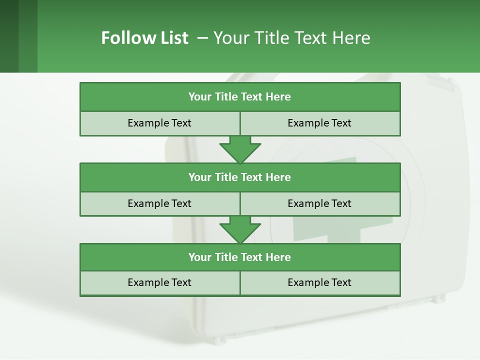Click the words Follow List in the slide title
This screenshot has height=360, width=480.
pyautogui.click(x=144, y=38)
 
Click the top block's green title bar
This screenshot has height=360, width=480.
pyautogui.click(x=240, y=97)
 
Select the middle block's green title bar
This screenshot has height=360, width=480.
pyautogui.click(x=240, y=177)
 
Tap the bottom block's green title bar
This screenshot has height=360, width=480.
pyautogui.click(x=240, y=257)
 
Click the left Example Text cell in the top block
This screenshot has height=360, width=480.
pyautogui.click(x=159, y=123)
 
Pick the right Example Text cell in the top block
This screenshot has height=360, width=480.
pyautogui.click(x=320, y=123)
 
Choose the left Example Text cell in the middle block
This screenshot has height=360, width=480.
pyautogui.click(x=159, y=203)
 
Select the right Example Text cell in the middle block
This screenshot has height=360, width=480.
pyautogui.click(x=320, y=203)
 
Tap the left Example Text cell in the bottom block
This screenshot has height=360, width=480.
pyautogui.click(x=159, y=283)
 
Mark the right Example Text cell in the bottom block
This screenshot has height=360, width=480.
pyautogui.click(x=320, y=283)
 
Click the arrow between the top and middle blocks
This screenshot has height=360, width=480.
pyautogui.click(x=240, y=149)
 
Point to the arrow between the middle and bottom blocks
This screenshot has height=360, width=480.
pyautogui.click(x=240, y=229)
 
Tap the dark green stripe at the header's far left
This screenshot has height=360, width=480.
pyautogui.click(x=9, y=36)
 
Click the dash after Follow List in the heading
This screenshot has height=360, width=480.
pyautogui.click(x=202, y=38)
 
